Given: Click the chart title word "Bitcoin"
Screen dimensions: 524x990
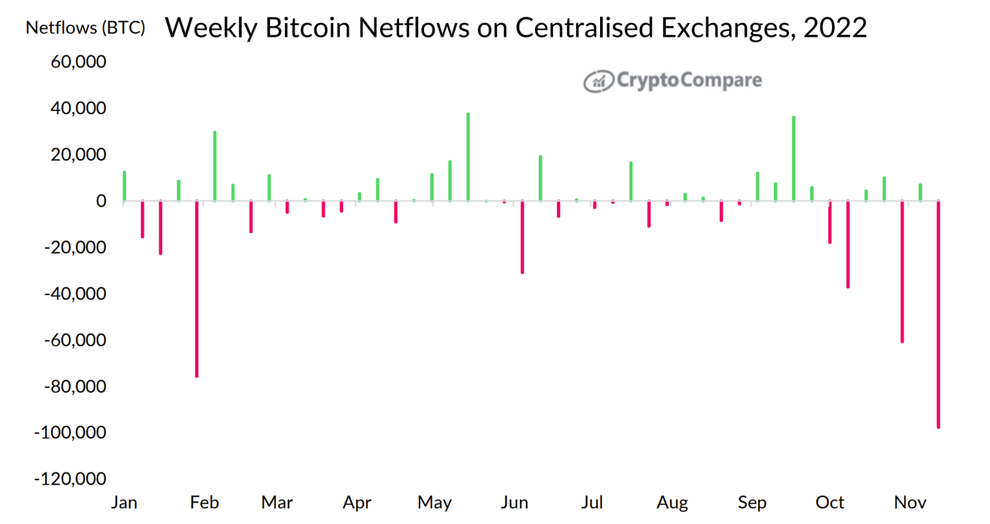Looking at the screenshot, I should click(307, 28).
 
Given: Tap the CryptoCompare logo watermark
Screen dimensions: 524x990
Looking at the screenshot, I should click(672, 81).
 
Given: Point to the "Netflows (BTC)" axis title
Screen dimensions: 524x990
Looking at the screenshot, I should click(85, 28).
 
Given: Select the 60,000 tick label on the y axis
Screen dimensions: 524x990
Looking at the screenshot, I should click(78, 62).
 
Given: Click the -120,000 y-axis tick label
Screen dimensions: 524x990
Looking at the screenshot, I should click(70, 479).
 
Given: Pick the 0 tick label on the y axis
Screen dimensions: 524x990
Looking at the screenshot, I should click(101, 201).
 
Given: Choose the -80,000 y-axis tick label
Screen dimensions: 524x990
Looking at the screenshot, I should click(74, 387).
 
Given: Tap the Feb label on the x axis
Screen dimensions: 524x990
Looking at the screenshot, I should click(204, 503).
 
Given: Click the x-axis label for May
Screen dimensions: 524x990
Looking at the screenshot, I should click(434, 503).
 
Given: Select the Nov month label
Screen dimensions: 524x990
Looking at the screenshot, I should click(910, 503).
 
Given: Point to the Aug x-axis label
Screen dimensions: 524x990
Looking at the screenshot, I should click(672, 503).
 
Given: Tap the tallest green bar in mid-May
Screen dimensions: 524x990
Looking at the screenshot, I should click(468, 157).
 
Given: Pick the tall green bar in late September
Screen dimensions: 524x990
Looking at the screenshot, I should click(793, 159).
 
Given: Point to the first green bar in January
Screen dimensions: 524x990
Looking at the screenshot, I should click(124, 186).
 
